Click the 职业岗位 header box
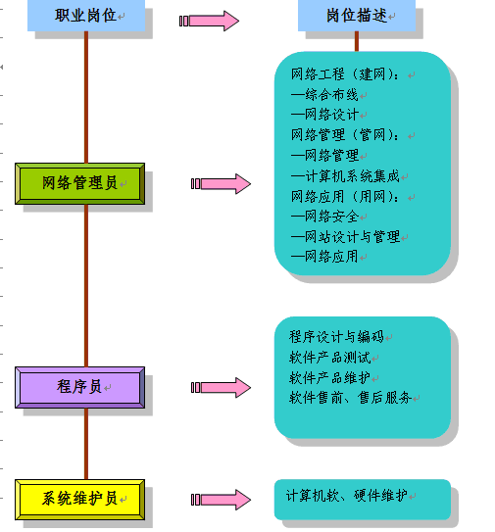[x=86, y=16]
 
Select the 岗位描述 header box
[x=357, y=16]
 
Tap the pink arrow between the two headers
[x=210, y=21]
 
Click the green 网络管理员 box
[x=79, y=182]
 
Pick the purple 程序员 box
[x=79, y=387]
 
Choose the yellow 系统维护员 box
[x=79, y=499]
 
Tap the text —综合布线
[x=324, y=94]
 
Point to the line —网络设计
[x=324, y=115]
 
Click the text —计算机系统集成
[x=345, y=176]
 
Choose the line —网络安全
[x=324, y=217]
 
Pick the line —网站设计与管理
[x=345, y=237]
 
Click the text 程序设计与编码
[x=335, y=336]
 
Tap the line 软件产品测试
[x=328, y=357]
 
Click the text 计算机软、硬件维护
[x=345, y=495]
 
